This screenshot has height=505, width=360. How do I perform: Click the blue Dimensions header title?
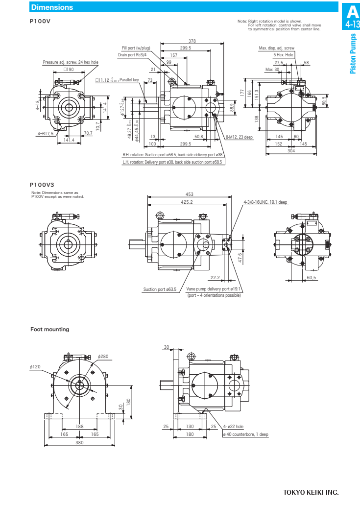coord(52,7)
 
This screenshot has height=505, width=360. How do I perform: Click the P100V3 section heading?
coord(42,185)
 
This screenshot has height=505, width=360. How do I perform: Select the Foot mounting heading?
coord(50,329)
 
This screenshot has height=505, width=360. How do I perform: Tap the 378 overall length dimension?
coord(192,41)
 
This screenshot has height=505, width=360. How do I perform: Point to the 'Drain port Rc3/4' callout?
coord(133,55)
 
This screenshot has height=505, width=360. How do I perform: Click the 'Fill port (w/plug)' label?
coord(136,48)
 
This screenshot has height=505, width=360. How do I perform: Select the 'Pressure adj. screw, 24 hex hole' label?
coord(71,62)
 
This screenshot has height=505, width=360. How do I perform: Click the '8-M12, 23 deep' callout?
coord(240,137)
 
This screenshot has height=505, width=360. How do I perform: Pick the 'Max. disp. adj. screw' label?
coord(277,48)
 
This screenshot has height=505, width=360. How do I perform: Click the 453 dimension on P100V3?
coord(189,194)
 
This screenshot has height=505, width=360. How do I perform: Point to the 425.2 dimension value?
coord(187,202)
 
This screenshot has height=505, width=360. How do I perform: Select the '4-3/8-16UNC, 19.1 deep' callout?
coord(265,202)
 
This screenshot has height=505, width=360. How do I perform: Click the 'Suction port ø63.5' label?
coord(160,289)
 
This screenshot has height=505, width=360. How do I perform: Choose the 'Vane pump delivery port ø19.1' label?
coord(214,289)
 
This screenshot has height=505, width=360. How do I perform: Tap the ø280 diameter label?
coord(103,356)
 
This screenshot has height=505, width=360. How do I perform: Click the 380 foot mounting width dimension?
coord(80,443)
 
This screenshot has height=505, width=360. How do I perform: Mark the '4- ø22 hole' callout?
coord(233,427)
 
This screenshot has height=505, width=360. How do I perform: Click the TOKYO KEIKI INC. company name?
coord(311,492)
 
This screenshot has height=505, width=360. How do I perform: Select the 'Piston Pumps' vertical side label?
coord(353,54)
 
